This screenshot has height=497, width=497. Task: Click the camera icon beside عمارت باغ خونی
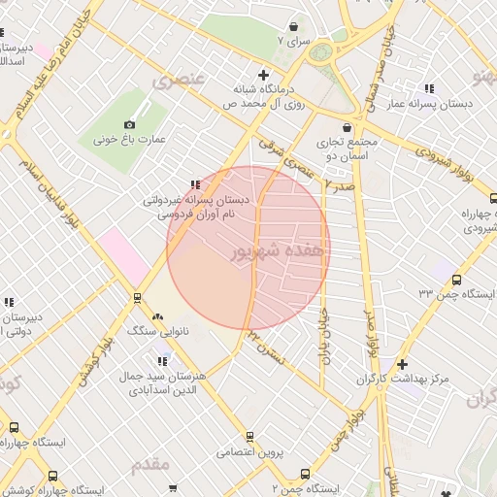pos(129,124)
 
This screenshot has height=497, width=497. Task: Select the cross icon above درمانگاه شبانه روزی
pos(262,75)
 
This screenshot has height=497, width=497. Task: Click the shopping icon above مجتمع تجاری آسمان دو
pos(347,126)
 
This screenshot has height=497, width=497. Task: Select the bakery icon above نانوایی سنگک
pos(158,316)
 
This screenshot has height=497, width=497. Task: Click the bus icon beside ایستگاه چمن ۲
pos(305,474)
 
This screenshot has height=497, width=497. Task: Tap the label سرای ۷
pos(291,41)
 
